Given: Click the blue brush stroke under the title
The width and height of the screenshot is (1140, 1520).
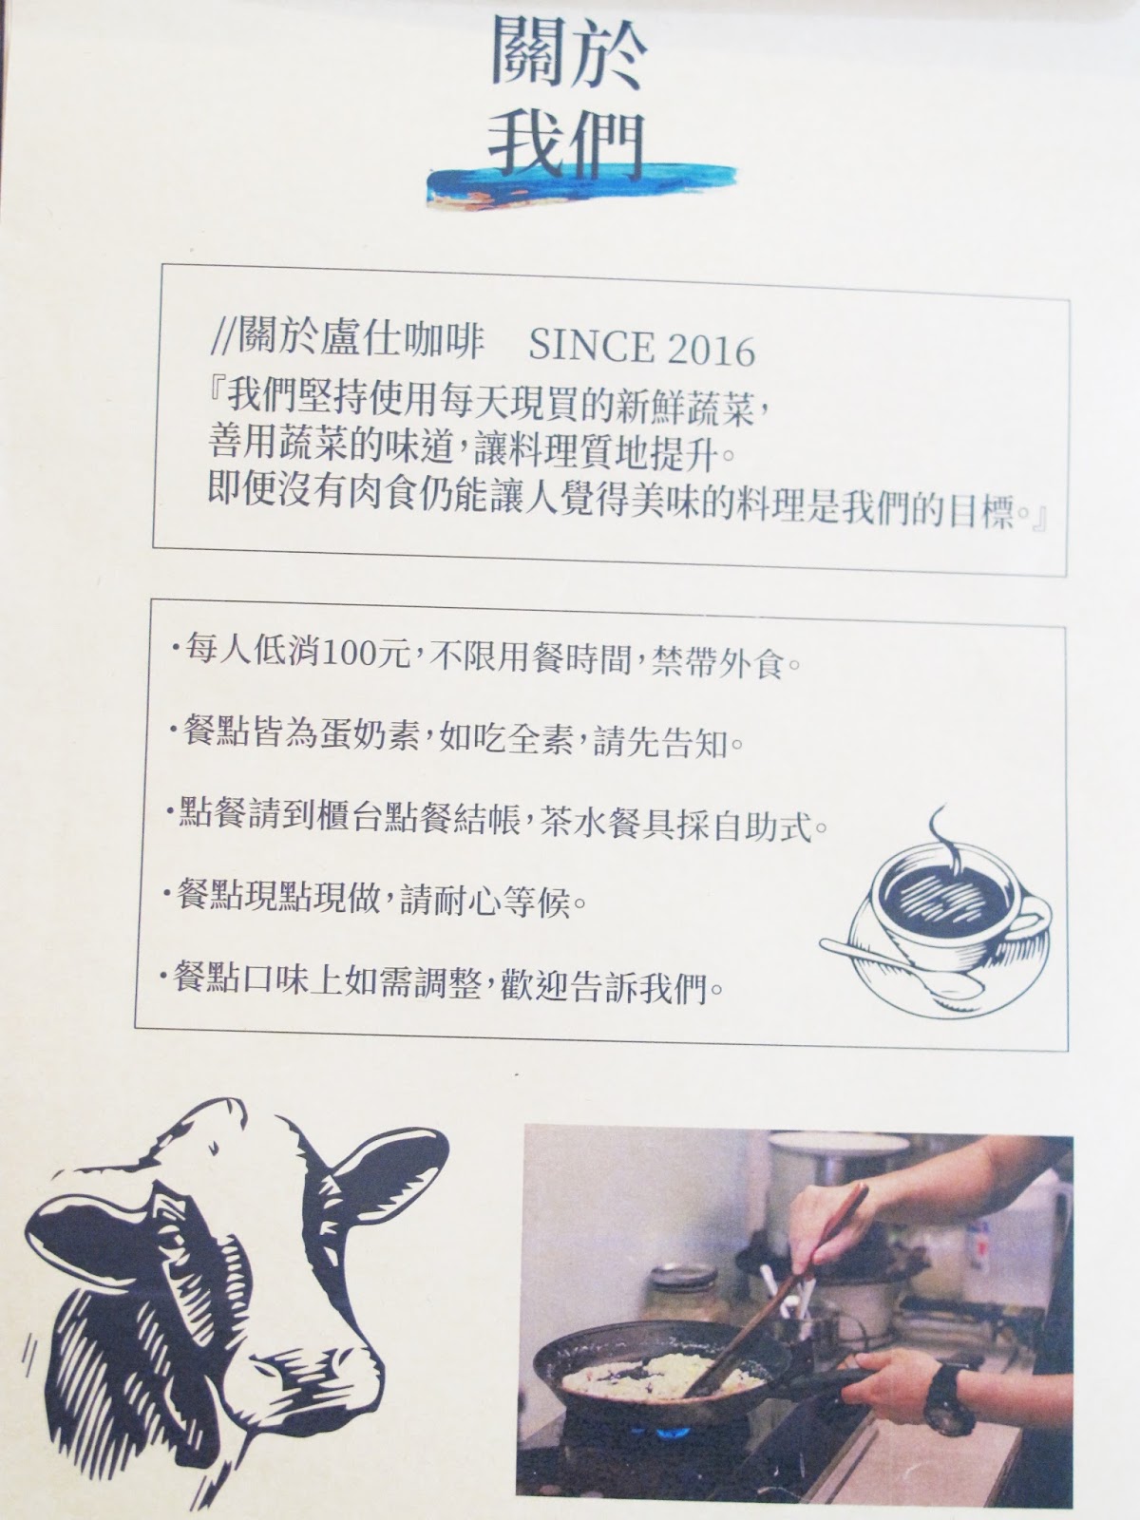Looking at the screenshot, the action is point(580,185).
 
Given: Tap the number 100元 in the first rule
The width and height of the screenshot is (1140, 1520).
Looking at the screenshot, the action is point(368,651).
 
